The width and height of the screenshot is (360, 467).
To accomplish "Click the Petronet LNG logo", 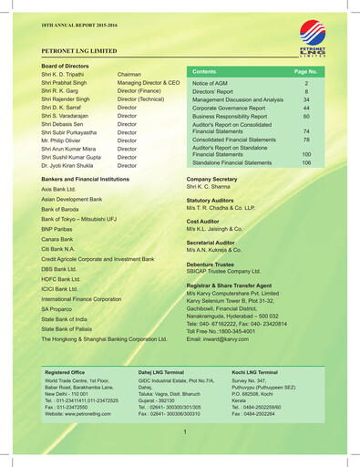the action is [313, 37].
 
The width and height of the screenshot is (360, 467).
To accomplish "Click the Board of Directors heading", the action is [65, 67].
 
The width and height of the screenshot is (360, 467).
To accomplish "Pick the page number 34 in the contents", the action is [306, 99].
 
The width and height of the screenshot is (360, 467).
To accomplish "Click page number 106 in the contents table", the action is [306, 162].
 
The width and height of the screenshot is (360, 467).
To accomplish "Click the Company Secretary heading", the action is [211, 180].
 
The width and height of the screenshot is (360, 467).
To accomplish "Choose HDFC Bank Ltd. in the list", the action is [61, 279].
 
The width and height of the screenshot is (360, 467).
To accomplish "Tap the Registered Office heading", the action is [65, 373].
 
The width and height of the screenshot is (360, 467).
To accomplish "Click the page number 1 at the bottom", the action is [185, 431].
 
